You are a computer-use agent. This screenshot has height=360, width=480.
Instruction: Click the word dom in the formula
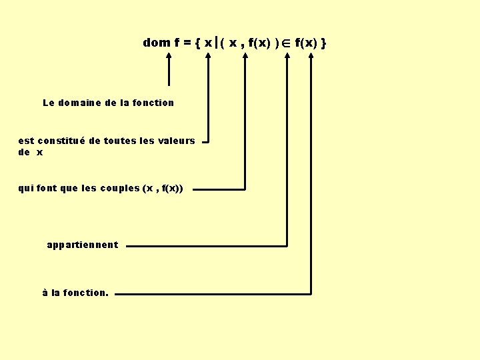pos(157,43)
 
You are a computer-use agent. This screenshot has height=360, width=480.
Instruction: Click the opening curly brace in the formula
pos(198,43)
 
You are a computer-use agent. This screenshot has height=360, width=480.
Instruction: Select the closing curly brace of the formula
pos(323,43)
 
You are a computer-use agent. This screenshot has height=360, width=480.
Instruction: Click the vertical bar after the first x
pos(216,43)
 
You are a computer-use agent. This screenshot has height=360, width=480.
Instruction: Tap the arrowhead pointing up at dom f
pos(169,58)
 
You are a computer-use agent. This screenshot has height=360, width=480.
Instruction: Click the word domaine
pos(80,103)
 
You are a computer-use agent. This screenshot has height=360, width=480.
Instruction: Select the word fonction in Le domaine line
pos(153,103)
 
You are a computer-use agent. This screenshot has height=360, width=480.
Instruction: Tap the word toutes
pos(119,141)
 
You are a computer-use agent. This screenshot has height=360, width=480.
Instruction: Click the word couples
pos(119,189)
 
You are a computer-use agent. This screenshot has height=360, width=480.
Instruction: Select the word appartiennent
pos(83,245)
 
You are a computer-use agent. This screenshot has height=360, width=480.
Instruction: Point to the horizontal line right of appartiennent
pos(207,245)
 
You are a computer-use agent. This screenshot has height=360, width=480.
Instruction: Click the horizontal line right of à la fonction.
pos(213,293)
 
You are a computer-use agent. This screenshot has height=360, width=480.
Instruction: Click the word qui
pos(25,189)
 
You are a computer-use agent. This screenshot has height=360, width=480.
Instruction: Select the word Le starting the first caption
pos(48,103)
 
